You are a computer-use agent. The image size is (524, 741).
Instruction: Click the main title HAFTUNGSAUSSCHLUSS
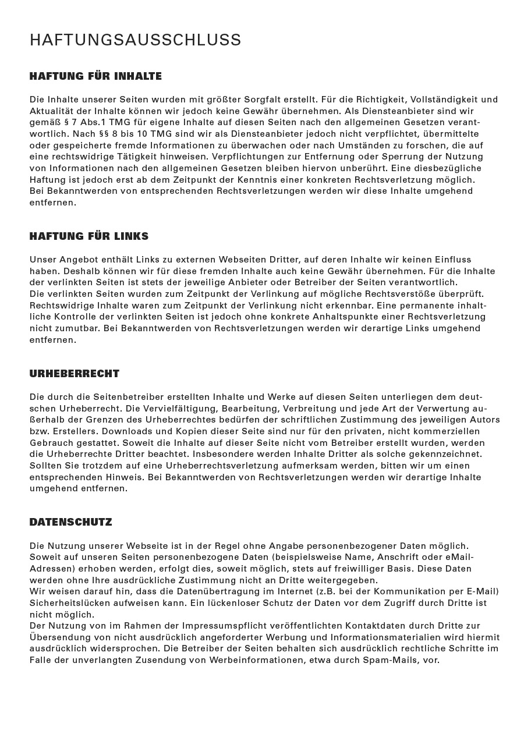pyautogui.click(x=135, y=40)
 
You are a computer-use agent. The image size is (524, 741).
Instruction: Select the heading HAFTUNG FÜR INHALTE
pyautogui.click(x=95, y=76)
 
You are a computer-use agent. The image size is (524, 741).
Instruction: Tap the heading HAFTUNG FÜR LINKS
pyautogui.click(x=89, y=236)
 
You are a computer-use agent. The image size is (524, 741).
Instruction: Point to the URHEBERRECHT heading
pyautogui.click(x=75, y=374)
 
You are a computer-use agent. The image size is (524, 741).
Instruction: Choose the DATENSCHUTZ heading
pyautogui.click(x=70, y=522)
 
